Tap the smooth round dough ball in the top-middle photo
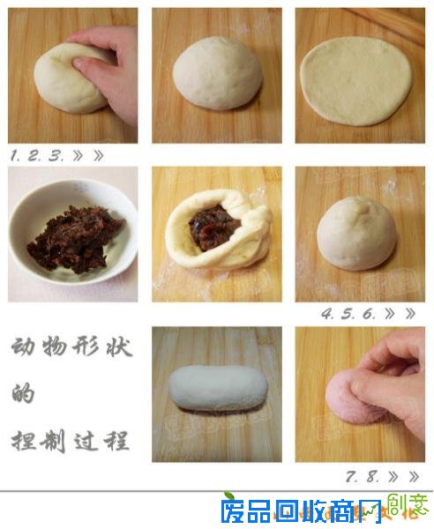pyautogui.click(x=216, y=74)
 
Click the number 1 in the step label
pyautogui.click(x=15, y=155)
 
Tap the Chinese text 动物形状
pyautogui.click(x=71, y=346)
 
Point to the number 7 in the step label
pyautogui.click(x=351, y=476)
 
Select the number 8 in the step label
pyautogui.click(x=372, y=476)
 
